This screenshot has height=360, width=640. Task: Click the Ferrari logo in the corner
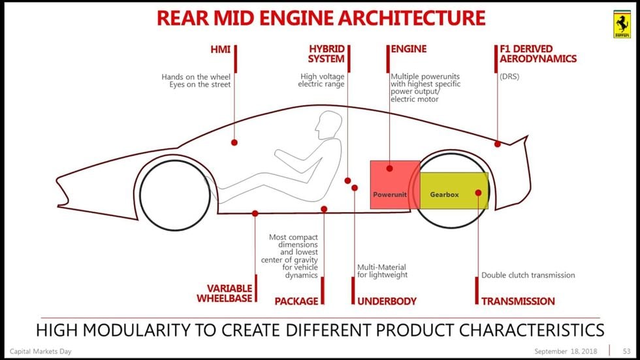pos(622,25)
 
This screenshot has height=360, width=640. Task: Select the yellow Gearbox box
pos(454,190)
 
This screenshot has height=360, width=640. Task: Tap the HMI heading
pos(220,49)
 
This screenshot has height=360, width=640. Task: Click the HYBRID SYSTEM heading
pos(327,54)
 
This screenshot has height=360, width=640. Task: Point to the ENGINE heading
pos(409,49)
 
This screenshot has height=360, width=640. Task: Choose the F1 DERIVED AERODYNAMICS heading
pos(537,54)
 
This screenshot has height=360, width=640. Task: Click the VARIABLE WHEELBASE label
pos(225,293)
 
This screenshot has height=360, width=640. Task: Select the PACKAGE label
pos(296,301)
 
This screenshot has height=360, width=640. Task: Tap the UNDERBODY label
pos(387,301)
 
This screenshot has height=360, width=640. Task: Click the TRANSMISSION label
pos(518,301)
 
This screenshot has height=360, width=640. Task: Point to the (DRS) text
pos(509,76)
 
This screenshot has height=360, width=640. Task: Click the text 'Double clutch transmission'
pos(528,275)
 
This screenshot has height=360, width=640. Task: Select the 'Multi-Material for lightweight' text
pos(381,271)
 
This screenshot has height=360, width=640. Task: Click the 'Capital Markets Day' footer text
pos(40,352)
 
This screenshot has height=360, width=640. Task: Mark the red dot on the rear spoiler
pos(498,144)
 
